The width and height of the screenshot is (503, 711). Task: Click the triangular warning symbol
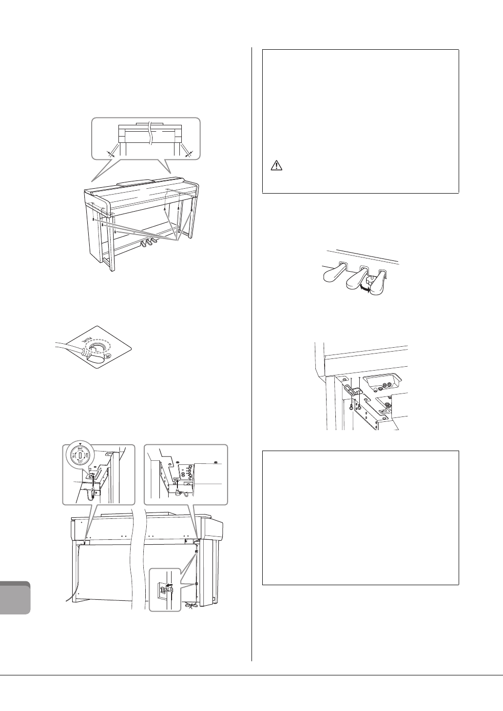(x=276, y=166)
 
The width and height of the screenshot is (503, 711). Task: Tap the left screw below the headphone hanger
(x=351, y=406)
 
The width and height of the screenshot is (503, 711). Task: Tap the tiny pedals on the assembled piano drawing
(x=147, y=242)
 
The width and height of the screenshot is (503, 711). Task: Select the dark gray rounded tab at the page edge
(x=15, y=598)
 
